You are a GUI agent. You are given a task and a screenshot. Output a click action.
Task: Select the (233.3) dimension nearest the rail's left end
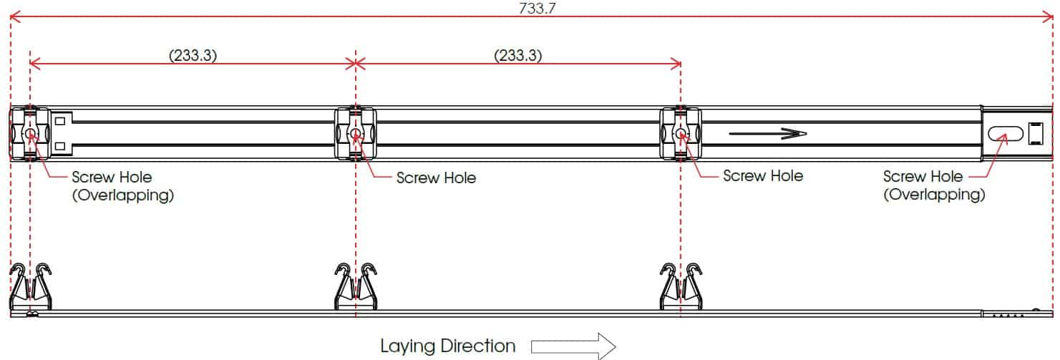point(193,55)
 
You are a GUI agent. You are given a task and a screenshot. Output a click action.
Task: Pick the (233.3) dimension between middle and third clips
point(517,55)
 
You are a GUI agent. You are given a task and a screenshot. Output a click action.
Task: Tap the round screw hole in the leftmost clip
point(30,134)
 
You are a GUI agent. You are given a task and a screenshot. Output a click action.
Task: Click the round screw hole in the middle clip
point(356,134)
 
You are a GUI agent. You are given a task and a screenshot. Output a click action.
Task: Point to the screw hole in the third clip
point(681,134)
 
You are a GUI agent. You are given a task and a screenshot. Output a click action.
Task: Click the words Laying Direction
point(447,346)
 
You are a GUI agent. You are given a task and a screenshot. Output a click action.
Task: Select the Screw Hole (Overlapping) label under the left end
point(122,185)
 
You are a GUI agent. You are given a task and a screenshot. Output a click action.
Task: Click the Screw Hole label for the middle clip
point(436,177)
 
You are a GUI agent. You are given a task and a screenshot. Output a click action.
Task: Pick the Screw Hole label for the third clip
point(763,176)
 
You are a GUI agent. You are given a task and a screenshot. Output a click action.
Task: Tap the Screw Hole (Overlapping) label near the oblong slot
point(933,185)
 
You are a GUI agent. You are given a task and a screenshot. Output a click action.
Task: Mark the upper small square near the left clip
point(60,122)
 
